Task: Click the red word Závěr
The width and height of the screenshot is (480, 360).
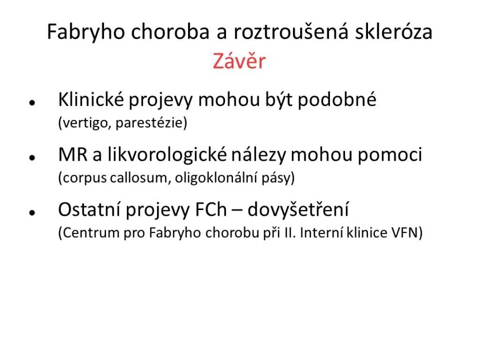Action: click(x=240, y=60)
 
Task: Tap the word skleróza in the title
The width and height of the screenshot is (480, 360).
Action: click(x=394, y=31)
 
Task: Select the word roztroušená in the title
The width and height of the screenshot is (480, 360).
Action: click(x=291, y=31)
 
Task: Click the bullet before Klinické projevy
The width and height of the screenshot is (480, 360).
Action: click(x=32, y=103)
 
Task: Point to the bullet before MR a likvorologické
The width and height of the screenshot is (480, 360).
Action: click(x=32, y=157)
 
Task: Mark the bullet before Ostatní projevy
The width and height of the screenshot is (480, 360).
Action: click(x=32, y=212)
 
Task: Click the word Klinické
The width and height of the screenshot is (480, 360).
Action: click(x=91, y=99)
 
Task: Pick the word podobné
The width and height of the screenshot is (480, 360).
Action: click(x=337, y=99)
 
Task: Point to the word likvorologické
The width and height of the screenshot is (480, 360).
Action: click(x=167, y=155)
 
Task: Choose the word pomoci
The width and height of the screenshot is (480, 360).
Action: click(x=390, y=155)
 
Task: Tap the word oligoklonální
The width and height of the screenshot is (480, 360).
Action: click(x=216, y=178)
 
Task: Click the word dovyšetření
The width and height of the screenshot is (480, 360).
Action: click(x=298, y=210)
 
